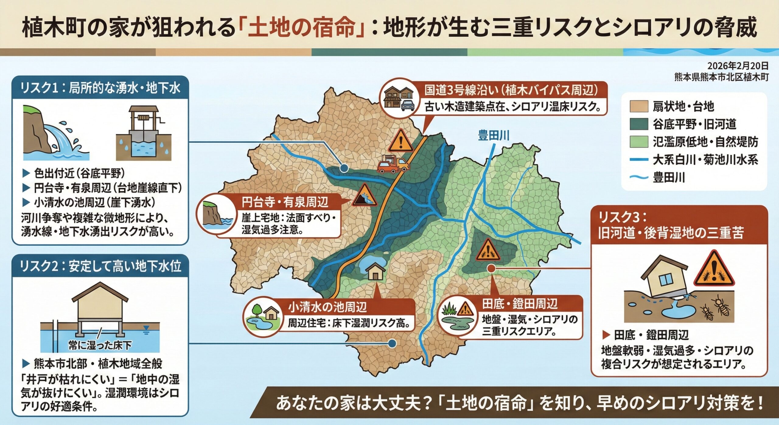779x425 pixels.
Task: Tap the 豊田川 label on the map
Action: pyautogui.click(x=494, y=135)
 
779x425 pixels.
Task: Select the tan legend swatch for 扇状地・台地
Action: pyautogui.click(x=639, y=107)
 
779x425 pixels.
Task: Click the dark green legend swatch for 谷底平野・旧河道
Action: pyautogui.click(x=639, y=124)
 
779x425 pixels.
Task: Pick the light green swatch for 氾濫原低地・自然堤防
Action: pyautogui.click(x=639, y=142)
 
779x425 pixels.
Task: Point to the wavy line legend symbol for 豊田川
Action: pyautogui.click(x=639, y=177)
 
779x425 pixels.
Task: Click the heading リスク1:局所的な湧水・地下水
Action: pyautogui.click(x=100, y=88)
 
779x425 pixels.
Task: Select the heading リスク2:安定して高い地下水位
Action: pyautogui.click(x=100, y=266)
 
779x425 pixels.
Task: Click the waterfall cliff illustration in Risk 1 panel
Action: pyautogui.click(x=55, y=133)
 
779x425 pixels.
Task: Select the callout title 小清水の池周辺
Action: pyautogui.click(x=327, y=307)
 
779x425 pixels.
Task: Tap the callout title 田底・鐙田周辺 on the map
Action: pyautogui.click(x=520, y=304)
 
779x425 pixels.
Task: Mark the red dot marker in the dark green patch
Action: pyautogui.click(x=491, y=268)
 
